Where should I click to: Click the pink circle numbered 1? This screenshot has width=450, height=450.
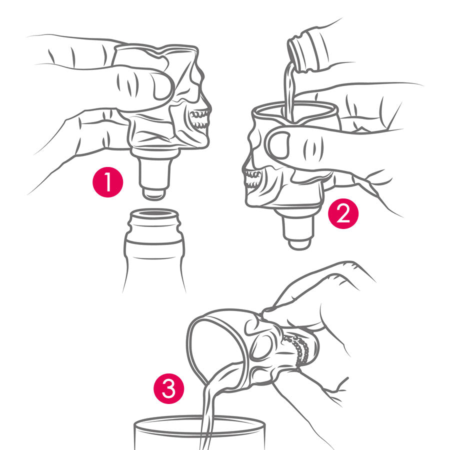(107, 182)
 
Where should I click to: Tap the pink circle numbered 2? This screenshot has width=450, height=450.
(343, 213)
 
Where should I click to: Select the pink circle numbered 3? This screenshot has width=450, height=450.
(169, 388)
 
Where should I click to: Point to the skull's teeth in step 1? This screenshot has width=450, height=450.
(199, 119)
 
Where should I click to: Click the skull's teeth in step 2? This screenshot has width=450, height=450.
(252, 179)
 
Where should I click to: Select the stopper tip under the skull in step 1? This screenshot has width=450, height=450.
(154, 193)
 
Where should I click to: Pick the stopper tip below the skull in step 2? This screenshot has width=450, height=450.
(299, 243)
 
